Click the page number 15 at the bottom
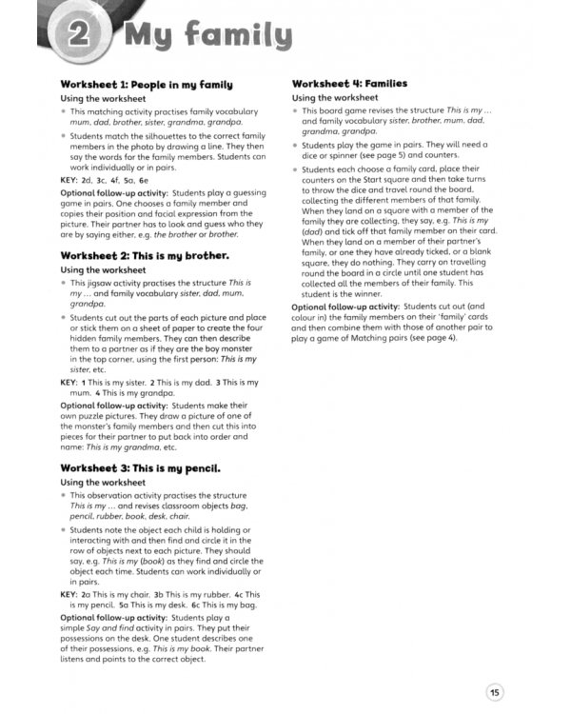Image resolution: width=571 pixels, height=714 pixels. point(495,692)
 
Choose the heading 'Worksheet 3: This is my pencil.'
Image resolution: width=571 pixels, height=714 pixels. point(141,468)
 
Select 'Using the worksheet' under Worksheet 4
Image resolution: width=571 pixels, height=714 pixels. point(335,98)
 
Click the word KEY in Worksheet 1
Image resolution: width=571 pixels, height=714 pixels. point(69,179)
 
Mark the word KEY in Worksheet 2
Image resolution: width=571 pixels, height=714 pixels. point(69,382)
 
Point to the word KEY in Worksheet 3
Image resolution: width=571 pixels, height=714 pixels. point(69,594)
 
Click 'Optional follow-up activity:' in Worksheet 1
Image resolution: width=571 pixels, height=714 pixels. point(113,192)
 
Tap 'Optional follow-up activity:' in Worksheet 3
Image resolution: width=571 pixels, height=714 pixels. point(113,617)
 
